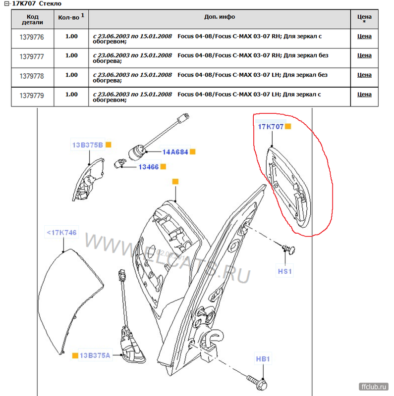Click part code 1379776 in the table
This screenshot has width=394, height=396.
[x=32, y=37]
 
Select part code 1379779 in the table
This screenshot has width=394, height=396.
[x=32, y=96]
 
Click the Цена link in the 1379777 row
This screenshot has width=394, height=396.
[x=364, y=55]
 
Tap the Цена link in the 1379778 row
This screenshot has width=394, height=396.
[x=364, y=75]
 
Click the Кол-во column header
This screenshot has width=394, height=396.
[x=71, y=17]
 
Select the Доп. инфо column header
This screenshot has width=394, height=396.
[x=220, y=17]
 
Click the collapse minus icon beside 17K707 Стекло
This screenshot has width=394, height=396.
[x=7, y=3]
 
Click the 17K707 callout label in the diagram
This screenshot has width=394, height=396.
[x=271, y=127]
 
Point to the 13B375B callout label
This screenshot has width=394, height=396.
[x=88, y=145]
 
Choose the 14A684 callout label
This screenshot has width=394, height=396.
[x=175, y=152]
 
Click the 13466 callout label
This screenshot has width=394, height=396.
[x=149, y=167]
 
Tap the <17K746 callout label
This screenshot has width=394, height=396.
[x=61, y=232]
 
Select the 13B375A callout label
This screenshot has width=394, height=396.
[x=95, y=355]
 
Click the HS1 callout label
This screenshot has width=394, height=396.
[x=285, y=271]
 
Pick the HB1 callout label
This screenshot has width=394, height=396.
[x=263, y=359]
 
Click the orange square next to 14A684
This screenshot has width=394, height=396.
[x=192, y=152]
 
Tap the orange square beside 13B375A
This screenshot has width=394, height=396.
[x=75, y=355]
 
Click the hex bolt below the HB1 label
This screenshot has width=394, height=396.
[x=257, y=382]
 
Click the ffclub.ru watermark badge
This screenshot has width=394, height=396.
[x=374, y=387]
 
